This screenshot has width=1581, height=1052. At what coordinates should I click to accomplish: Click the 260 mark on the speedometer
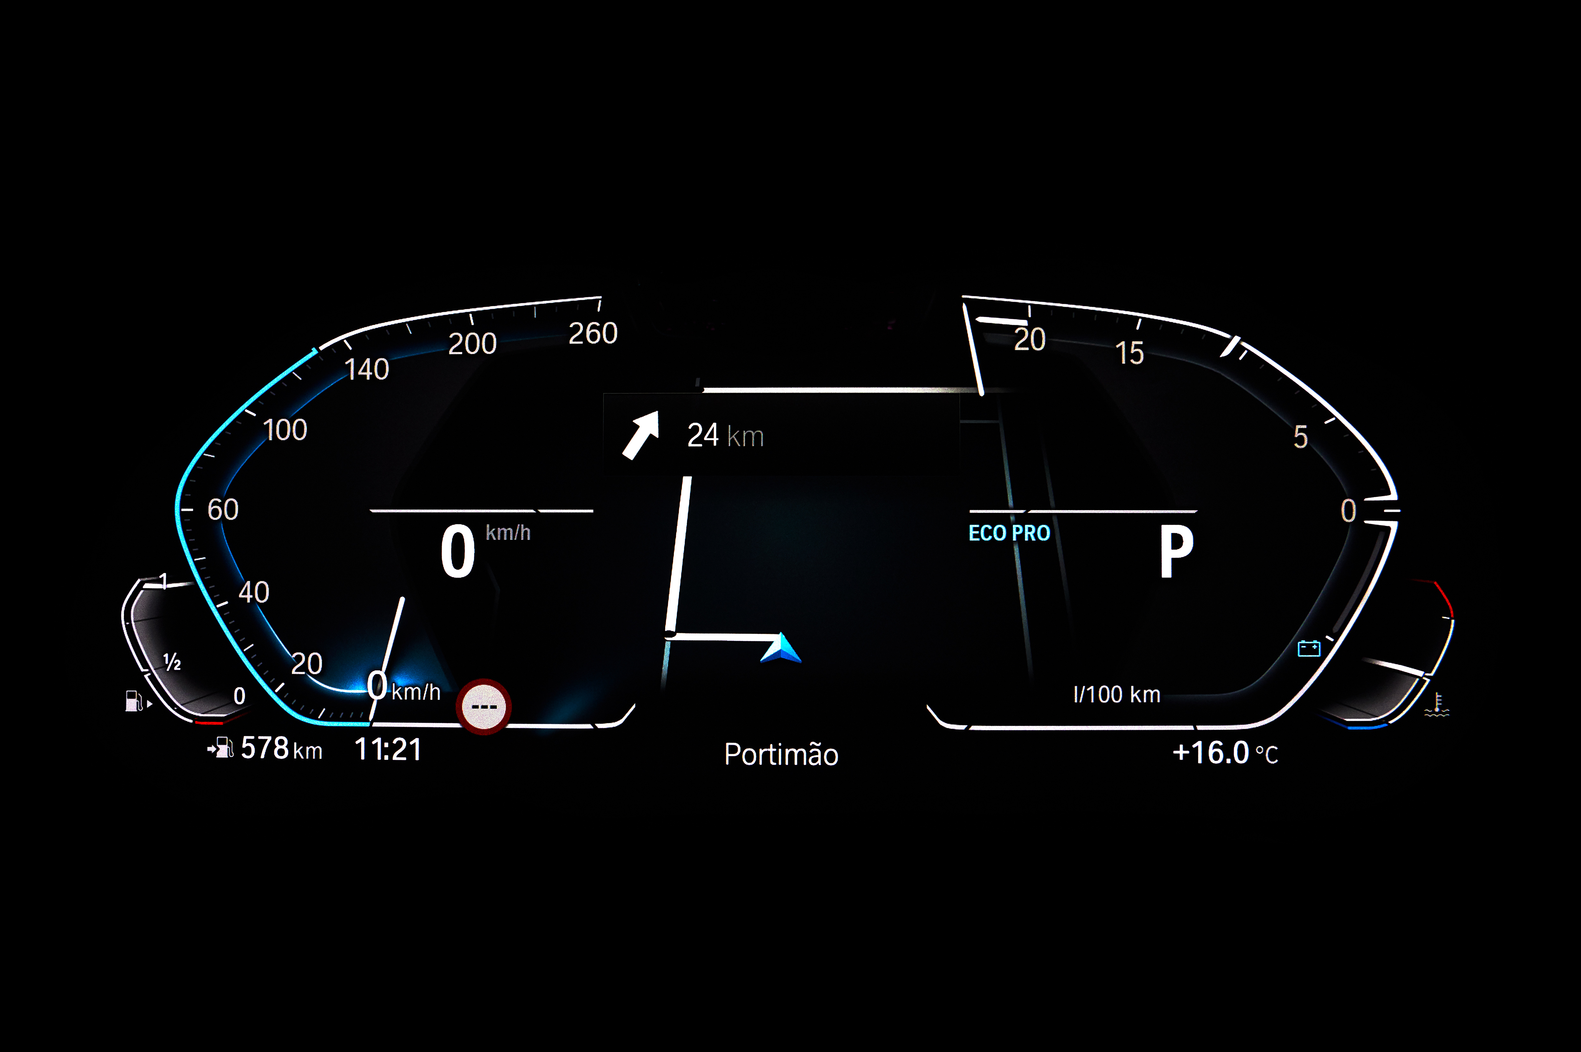[593, 333]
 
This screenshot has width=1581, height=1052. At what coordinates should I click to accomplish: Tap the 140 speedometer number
[367, 369]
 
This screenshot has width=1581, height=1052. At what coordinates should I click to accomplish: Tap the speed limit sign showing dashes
[484, 707]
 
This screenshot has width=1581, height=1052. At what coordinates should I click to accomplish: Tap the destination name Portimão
[781, 754]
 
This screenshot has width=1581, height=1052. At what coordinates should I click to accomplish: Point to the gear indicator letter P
[1177, 551]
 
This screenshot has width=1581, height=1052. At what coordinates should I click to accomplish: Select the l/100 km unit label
[1117, 694]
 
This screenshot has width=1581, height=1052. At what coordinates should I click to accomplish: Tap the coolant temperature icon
[1436, 704]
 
